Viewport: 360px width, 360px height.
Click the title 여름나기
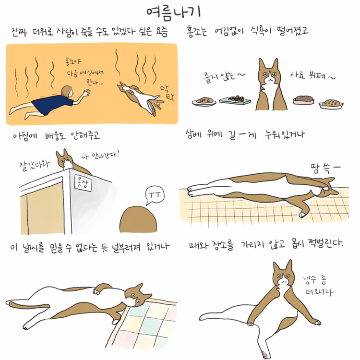[173, 12]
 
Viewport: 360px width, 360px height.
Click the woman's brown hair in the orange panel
[67, 91]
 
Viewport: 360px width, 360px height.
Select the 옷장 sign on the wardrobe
[83, 183]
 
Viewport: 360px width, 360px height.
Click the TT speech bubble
[155, 196]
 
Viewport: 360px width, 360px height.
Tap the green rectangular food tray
[235, 100]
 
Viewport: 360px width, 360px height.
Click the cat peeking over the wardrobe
[70, 162]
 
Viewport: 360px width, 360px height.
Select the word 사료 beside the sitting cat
[298, 75]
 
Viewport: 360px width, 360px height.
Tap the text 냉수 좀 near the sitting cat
[314, 280]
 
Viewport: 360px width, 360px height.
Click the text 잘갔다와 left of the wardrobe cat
[35, 165]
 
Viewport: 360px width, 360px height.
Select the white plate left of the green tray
[204, 101]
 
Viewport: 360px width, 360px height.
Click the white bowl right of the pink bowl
[331, 104]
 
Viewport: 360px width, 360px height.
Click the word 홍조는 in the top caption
[196, 31]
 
